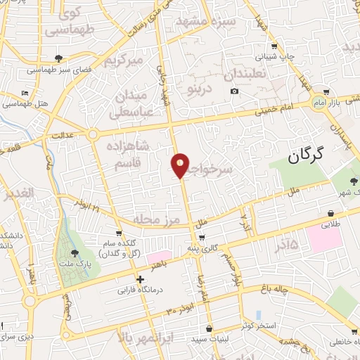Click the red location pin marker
[181, 165]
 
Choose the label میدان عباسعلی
[129, 103]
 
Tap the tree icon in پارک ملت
[75, 252]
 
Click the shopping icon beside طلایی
[330, 213]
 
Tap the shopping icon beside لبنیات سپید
[209, 328]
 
